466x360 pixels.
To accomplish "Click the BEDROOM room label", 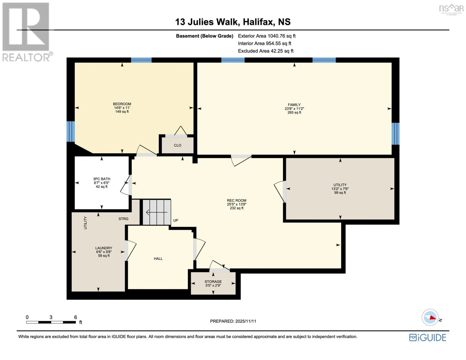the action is pos(122,104).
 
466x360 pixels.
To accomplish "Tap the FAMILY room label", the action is pos(294,105).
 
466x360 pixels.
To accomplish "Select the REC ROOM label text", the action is pos(236,200).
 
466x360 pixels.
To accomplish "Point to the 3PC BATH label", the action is pos(102,179).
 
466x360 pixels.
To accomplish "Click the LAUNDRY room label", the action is pos(104,248).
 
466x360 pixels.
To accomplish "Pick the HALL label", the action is pos(158,259).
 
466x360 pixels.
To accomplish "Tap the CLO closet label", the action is pos(178,145).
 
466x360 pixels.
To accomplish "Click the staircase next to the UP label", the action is pos(157,212).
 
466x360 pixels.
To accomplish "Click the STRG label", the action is pos(124,219).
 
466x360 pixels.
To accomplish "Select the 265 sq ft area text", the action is pos(294,112).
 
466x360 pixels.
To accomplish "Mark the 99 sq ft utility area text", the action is pos(340,193).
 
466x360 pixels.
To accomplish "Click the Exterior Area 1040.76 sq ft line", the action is pos(266,36).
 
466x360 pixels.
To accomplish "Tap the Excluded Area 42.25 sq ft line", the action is pos(266,51).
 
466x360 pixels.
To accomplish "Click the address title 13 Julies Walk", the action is pos(206,22).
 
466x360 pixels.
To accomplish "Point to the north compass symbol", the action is pos(430,317).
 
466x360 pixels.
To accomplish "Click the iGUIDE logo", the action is pos(428,338).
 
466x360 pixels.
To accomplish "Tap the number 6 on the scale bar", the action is pos(76,317).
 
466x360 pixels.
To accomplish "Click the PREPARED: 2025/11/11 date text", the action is pos(233,321).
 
